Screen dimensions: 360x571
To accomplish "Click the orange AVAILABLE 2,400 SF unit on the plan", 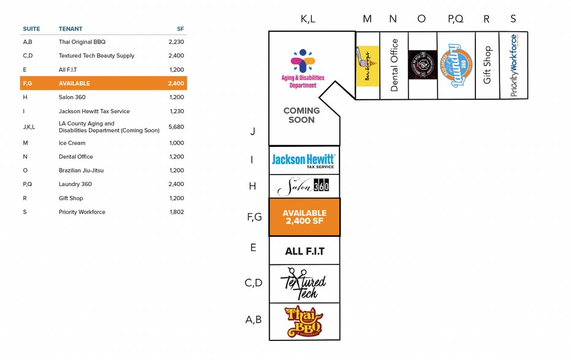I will click(x=304, y=217).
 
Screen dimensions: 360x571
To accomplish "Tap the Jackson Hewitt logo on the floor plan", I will click(x=303, y=160).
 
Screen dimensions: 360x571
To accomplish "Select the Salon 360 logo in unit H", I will click(x=304, y=186).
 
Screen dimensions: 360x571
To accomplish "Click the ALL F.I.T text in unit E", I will click(x=304, y=251).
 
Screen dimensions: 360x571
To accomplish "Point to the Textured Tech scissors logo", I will click(x=303, y=283).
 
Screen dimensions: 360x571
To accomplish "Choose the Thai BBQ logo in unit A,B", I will click(x=304, y=321).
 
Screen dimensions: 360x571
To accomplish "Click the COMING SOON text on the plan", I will click(x=301, y=115).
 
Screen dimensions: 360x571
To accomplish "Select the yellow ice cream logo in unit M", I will click(x=368, y=66).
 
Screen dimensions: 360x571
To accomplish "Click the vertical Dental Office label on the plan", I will click(x=394, y=66).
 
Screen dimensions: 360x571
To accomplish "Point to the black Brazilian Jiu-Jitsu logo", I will click(x=422, y=65).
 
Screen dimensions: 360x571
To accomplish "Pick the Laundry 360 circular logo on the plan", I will click(x=456, y=65).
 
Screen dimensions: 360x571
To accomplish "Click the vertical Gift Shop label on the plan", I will click(x=487, y=65).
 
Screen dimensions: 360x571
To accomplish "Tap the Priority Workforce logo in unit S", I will click(x=513, y=65).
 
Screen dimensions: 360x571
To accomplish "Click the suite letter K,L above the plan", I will click(x=308, y=19).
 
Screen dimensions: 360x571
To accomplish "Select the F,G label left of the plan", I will click(x=254, y=216).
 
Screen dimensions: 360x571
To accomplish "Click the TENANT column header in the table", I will click(x=70, y=29).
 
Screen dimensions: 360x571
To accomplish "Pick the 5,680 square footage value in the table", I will click(x=176, y=127).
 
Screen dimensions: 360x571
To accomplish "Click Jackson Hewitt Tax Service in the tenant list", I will click(x=94, y=111).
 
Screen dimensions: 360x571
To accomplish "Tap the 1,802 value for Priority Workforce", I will click(x=176, y=212).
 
